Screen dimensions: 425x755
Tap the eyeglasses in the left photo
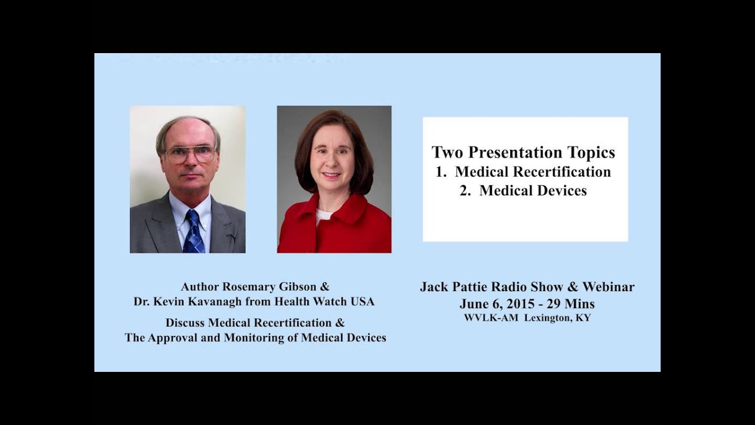pos(190,155)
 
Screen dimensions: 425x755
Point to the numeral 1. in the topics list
pos(442,172)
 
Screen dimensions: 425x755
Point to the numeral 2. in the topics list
pos(466,191)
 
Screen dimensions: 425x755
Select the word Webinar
pos(608,287)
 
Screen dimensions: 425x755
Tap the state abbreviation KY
pos(583,318)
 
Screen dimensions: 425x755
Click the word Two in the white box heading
pos(445,152)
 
